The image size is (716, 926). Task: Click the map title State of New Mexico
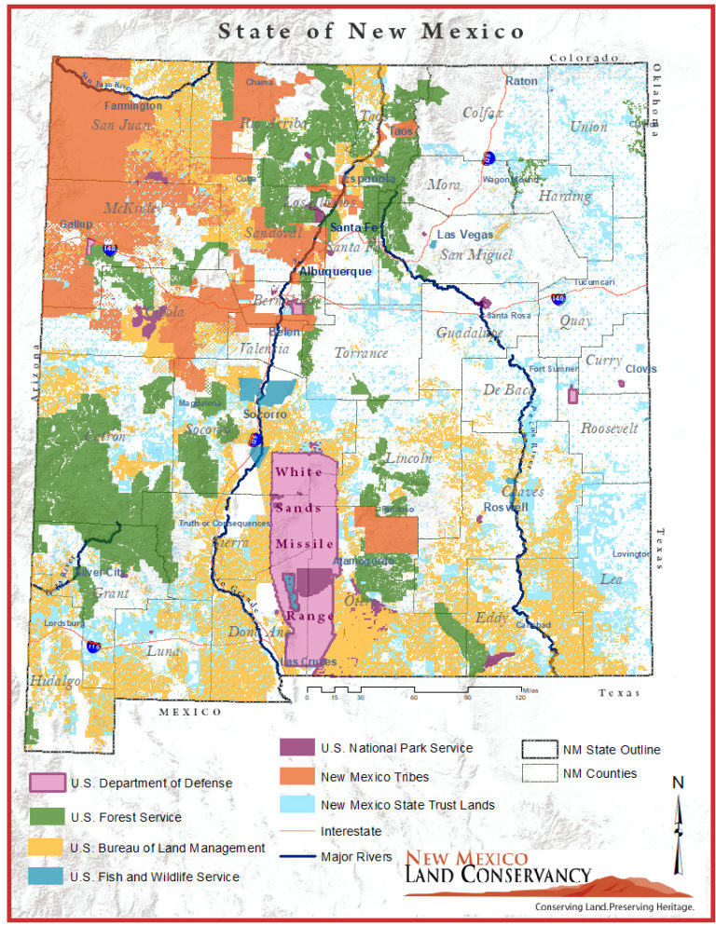(370, 31)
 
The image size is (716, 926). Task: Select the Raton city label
(521, 82)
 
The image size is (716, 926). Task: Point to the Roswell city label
(505, 508)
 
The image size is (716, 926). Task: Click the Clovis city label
(640, 369)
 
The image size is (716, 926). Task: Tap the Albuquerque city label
(335, 271)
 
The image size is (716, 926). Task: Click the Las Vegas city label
(465, 235)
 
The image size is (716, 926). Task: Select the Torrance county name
(361, 353)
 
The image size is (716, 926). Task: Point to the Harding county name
(564, 197)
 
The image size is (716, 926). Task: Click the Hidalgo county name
(49, 681)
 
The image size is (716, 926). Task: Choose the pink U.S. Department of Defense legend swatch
(48, 783)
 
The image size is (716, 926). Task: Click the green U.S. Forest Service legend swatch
(48, 817)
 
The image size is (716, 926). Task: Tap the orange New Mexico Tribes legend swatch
(296, 776)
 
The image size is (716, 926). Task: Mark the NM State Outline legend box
(538, 750)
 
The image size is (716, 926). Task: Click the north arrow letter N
(678, 783)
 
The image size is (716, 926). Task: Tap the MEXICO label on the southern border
(190, 712)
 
